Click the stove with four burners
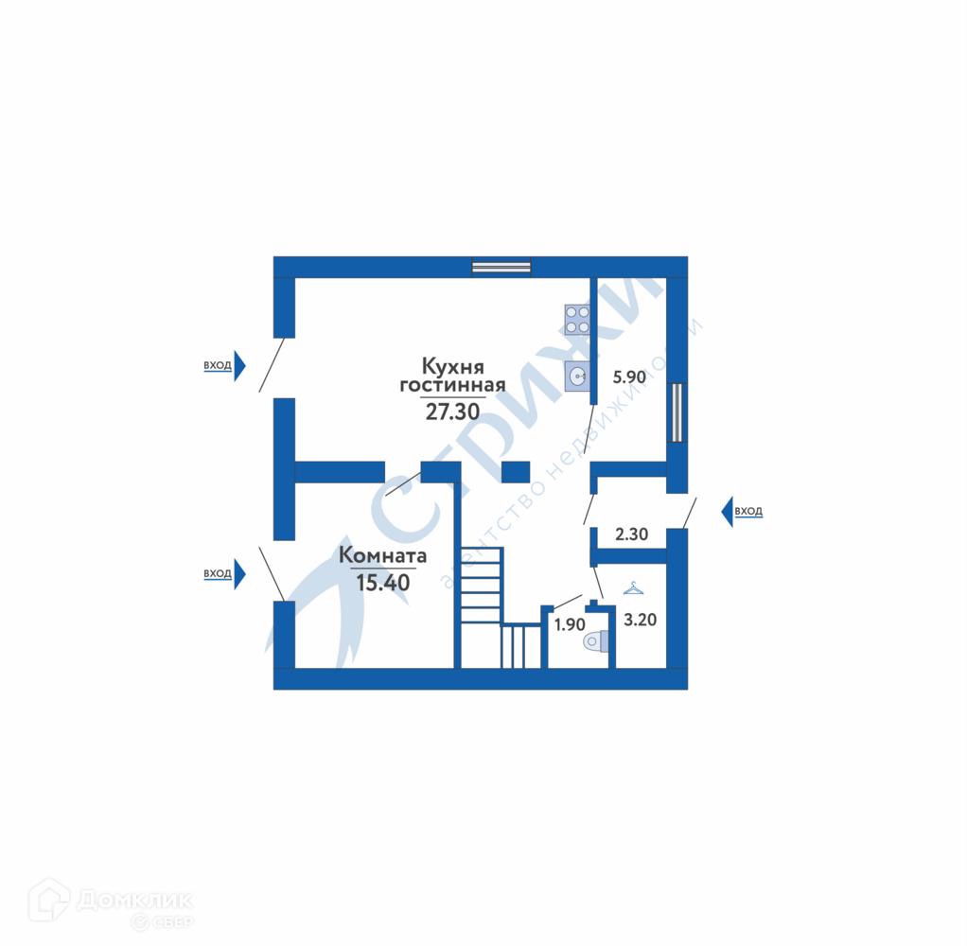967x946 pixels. click(576, 319)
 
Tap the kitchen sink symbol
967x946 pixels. click(576, 377)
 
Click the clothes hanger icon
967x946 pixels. click(633, 589)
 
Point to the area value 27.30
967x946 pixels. click(452, 411)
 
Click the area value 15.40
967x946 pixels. click(383, 582)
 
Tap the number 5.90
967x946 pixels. click(629, 377)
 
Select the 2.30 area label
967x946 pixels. click(631, 534)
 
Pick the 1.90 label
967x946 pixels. click(570, 624)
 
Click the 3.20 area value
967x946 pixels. click(640, 621)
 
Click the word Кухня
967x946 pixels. click(453, 365)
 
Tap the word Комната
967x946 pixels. click(383, 556)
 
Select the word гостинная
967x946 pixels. click(452, 386)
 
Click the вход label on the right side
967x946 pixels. click(748, 512)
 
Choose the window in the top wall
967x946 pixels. click(501, 267)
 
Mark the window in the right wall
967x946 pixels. click(677, 412)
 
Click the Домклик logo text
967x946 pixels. click(134, 899)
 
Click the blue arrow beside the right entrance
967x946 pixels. click(727, 512)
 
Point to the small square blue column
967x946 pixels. click(515, 472)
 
